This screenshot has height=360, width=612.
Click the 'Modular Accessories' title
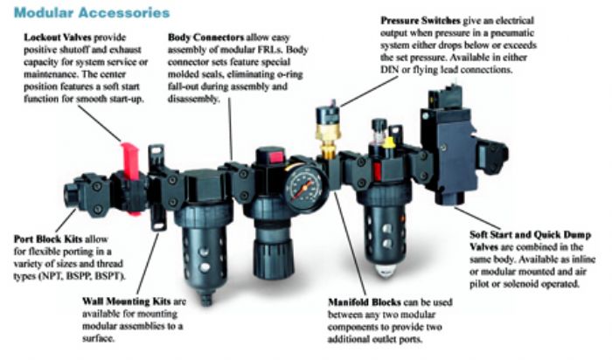click(92, 12)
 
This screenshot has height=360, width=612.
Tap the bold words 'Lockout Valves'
click(58, 38)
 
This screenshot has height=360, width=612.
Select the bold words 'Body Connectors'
click(205, 38)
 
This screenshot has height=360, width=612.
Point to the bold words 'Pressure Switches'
click(421, 20)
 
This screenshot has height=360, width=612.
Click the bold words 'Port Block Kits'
click(48, 239)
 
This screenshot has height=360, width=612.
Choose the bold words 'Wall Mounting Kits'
click(127, 301)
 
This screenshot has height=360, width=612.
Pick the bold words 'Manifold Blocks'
click(365, 302)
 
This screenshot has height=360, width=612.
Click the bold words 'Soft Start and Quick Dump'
click(530, 235)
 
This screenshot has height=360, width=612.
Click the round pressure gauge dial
click(306, 188)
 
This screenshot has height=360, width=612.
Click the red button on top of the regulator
click(276, 156)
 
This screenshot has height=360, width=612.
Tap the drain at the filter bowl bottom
click(205, 298)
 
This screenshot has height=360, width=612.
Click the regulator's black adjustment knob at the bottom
click(273, 258)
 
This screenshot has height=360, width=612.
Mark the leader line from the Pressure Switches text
click(369, 91)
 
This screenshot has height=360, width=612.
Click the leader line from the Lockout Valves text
click(99, 123)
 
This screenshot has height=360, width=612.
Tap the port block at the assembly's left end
click(86, 194)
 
